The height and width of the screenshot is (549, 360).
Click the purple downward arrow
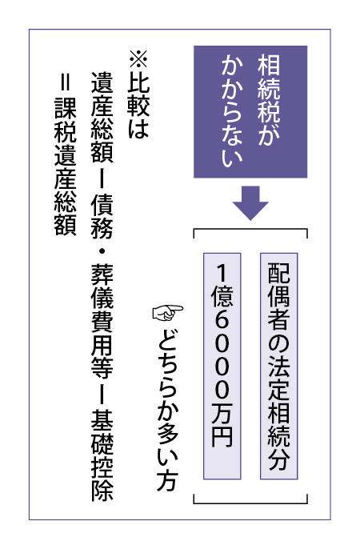click(x=250, y=203)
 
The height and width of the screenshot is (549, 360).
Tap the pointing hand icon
click(x=168, y=313)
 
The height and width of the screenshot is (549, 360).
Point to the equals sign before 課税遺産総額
click(x=66, y=82)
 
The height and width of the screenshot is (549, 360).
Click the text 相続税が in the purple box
click(x=269, y=100)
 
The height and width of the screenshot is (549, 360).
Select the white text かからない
click(x=232, y=111)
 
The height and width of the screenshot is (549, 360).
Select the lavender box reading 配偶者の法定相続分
click(x=279, y=366)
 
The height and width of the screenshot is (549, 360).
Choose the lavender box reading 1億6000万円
click(x=222, y=366)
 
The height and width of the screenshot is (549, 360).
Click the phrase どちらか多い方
click(x=168, y=408)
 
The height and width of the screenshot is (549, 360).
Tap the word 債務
click(x=102, y=217)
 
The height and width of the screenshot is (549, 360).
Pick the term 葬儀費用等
click(x=102, y=320)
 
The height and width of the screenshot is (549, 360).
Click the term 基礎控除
click(x=102, y=455)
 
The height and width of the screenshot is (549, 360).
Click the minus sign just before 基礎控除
click(x=102, y=393)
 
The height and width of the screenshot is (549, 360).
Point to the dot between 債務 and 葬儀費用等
click(x=102, y=251)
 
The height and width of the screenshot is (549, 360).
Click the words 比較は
click(x=138, y=104)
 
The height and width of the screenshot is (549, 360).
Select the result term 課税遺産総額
click(x=66, y=166)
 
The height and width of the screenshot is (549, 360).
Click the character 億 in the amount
click(x=222, y=297)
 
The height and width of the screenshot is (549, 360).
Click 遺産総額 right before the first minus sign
click(x=102, y=118)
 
